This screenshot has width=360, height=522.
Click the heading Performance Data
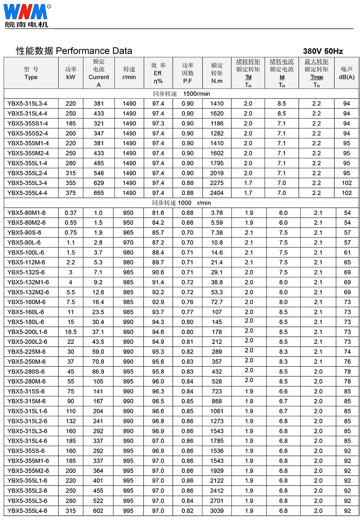coord(74,51)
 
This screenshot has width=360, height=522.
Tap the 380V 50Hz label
coord(323,51)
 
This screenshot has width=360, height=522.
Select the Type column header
coord(31,73)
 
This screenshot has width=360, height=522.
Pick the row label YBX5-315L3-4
coord(27,103)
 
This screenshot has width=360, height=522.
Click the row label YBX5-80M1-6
coord(27,213)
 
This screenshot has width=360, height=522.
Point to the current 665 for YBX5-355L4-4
coord(99,192)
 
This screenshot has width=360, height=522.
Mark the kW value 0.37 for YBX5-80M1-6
coord(71,213)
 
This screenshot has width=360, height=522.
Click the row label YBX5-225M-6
coord(27,352)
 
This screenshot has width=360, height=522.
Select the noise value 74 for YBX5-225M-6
coord(347,352)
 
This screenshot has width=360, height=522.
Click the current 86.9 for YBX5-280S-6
coord(99,371)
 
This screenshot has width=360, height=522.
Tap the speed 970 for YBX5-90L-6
coord(128,242)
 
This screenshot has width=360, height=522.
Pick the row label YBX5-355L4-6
coord(27,511)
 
